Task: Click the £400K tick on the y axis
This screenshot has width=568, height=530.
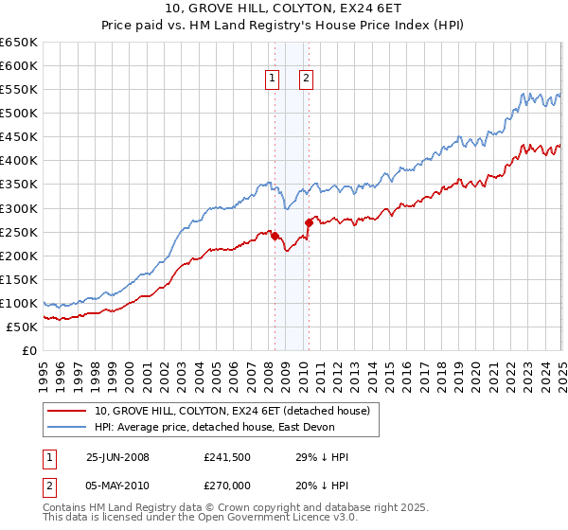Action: pyautogui.click(x=18, y=160)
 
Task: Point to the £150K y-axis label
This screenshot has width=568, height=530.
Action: pyautogui.click(x=18, y=279)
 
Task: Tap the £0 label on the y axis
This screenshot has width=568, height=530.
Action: pyautogui.click(x=27, y=350)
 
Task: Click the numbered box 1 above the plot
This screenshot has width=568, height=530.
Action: pyautogui.click(x=273, y=79)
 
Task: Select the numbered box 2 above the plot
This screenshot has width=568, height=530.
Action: pyautogui.click(x=307, y=79)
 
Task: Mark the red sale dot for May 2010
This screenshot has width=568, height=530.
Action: pyautogui.click(x=309, y=222)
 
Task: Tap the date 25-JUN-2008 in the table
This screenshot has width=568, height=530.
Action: pyautogui.click(x=117, y=457)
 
